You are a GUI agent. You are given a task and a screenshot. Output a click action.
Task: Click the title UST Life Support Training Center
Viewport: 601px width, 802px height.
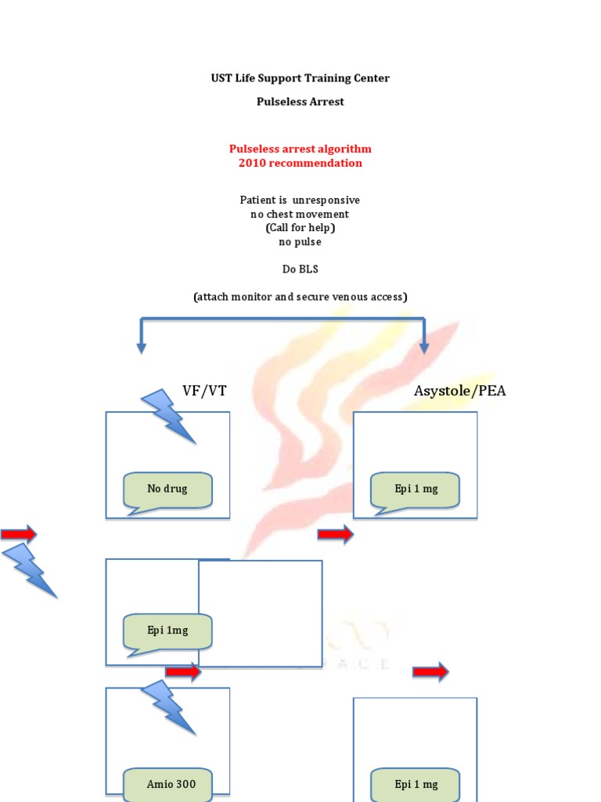[300, 78]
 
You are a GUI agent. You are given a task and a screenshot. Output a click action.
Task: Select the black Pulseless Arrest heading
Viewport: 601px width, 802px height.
[300, 102]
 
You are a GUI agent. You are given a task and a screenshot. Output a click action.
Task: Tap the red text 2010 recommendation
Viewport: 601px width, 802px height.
[300, 163]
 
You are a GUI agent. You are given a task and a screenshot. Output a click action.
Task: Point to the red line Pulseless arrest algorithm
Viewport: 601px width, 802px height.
[300, 149]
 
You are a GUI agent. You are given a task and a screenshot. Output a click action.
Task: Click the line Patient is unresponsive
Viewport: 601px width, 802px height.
[300, 200]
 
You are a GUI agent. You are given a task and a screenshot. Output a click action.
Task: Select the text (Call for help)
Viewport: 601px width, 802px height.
[300, 228]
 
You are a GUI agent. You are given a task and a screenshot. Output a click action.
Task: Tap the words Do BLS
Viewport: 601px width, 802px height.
[300, 269]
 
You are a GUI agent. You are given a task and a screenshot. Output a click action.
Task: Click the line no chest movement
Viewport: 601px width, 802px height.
[300, 215]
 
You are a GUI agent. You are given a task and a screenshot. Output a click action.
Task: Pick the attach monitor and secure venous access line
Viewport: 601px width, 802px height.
[300, 297]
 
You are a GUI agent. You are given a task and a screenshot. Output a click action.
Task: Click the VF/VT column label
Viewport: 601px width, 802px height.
[204, 391]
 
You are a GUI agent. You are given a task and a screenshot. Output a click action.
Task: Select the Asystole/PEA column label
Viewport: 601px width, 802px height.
[459, 391]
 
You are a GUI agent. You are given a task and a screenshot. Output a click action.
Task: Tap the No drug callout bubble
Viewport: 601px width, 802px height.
[167, 490]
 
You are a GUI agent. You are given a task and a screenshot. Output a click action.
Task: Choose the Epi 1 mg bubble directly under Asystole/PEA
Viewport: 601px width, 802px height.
[416, 490]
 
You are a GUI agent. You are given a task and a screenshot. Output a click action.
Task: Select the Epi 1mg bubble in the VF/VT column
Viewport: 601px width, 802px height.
[167, 631]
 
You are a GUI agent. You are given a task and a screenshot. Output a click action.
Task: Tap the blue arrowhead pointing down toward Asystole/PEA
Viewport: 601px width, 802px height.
[424, 345]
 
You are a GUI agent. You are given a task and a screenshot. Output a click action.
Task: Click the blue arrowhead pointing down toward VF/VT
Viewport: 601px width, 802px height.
[141, 345]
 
